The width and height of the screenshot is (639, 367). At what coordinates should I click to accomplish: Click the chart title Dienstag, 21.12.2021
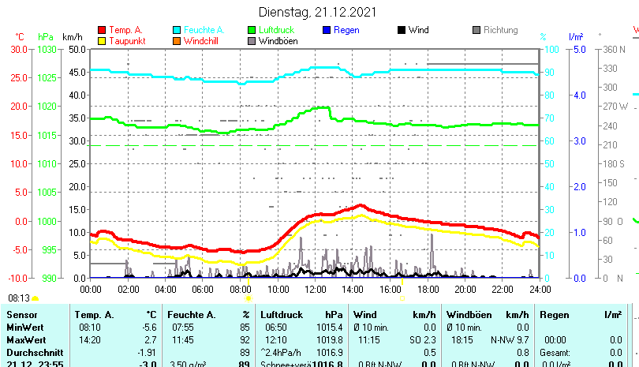(x=318, y=12)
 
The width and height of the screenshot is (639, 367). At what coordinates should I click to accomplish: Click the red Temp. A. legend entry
(x=125, y=30)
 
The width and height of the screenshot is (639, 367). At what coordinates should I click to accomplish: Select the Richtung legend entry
(x=500, y=30)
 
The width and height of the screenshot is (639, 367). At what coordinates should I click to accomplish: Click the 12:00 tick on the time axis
(x=314, y=290)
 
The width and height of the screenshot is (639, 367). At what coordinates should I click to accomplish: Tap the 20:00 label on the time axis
(x=464, y=290)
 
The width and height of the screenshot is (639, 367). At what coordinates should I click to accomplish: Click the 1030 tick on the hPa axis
(x=47, y=49)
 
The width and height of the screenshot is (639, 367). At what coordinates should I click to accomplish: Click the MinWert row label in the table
(x=26, y=327)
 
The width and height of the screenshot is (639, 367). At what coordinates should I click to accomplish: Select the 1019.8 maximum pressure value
(x=331, y=339)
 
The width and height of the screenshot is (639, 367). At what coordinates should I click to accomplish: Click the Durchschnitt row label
(x=33, y=352)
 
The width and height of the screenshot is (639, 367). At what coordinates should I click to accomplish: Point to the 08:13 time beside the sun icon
(x=19, y=298)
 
